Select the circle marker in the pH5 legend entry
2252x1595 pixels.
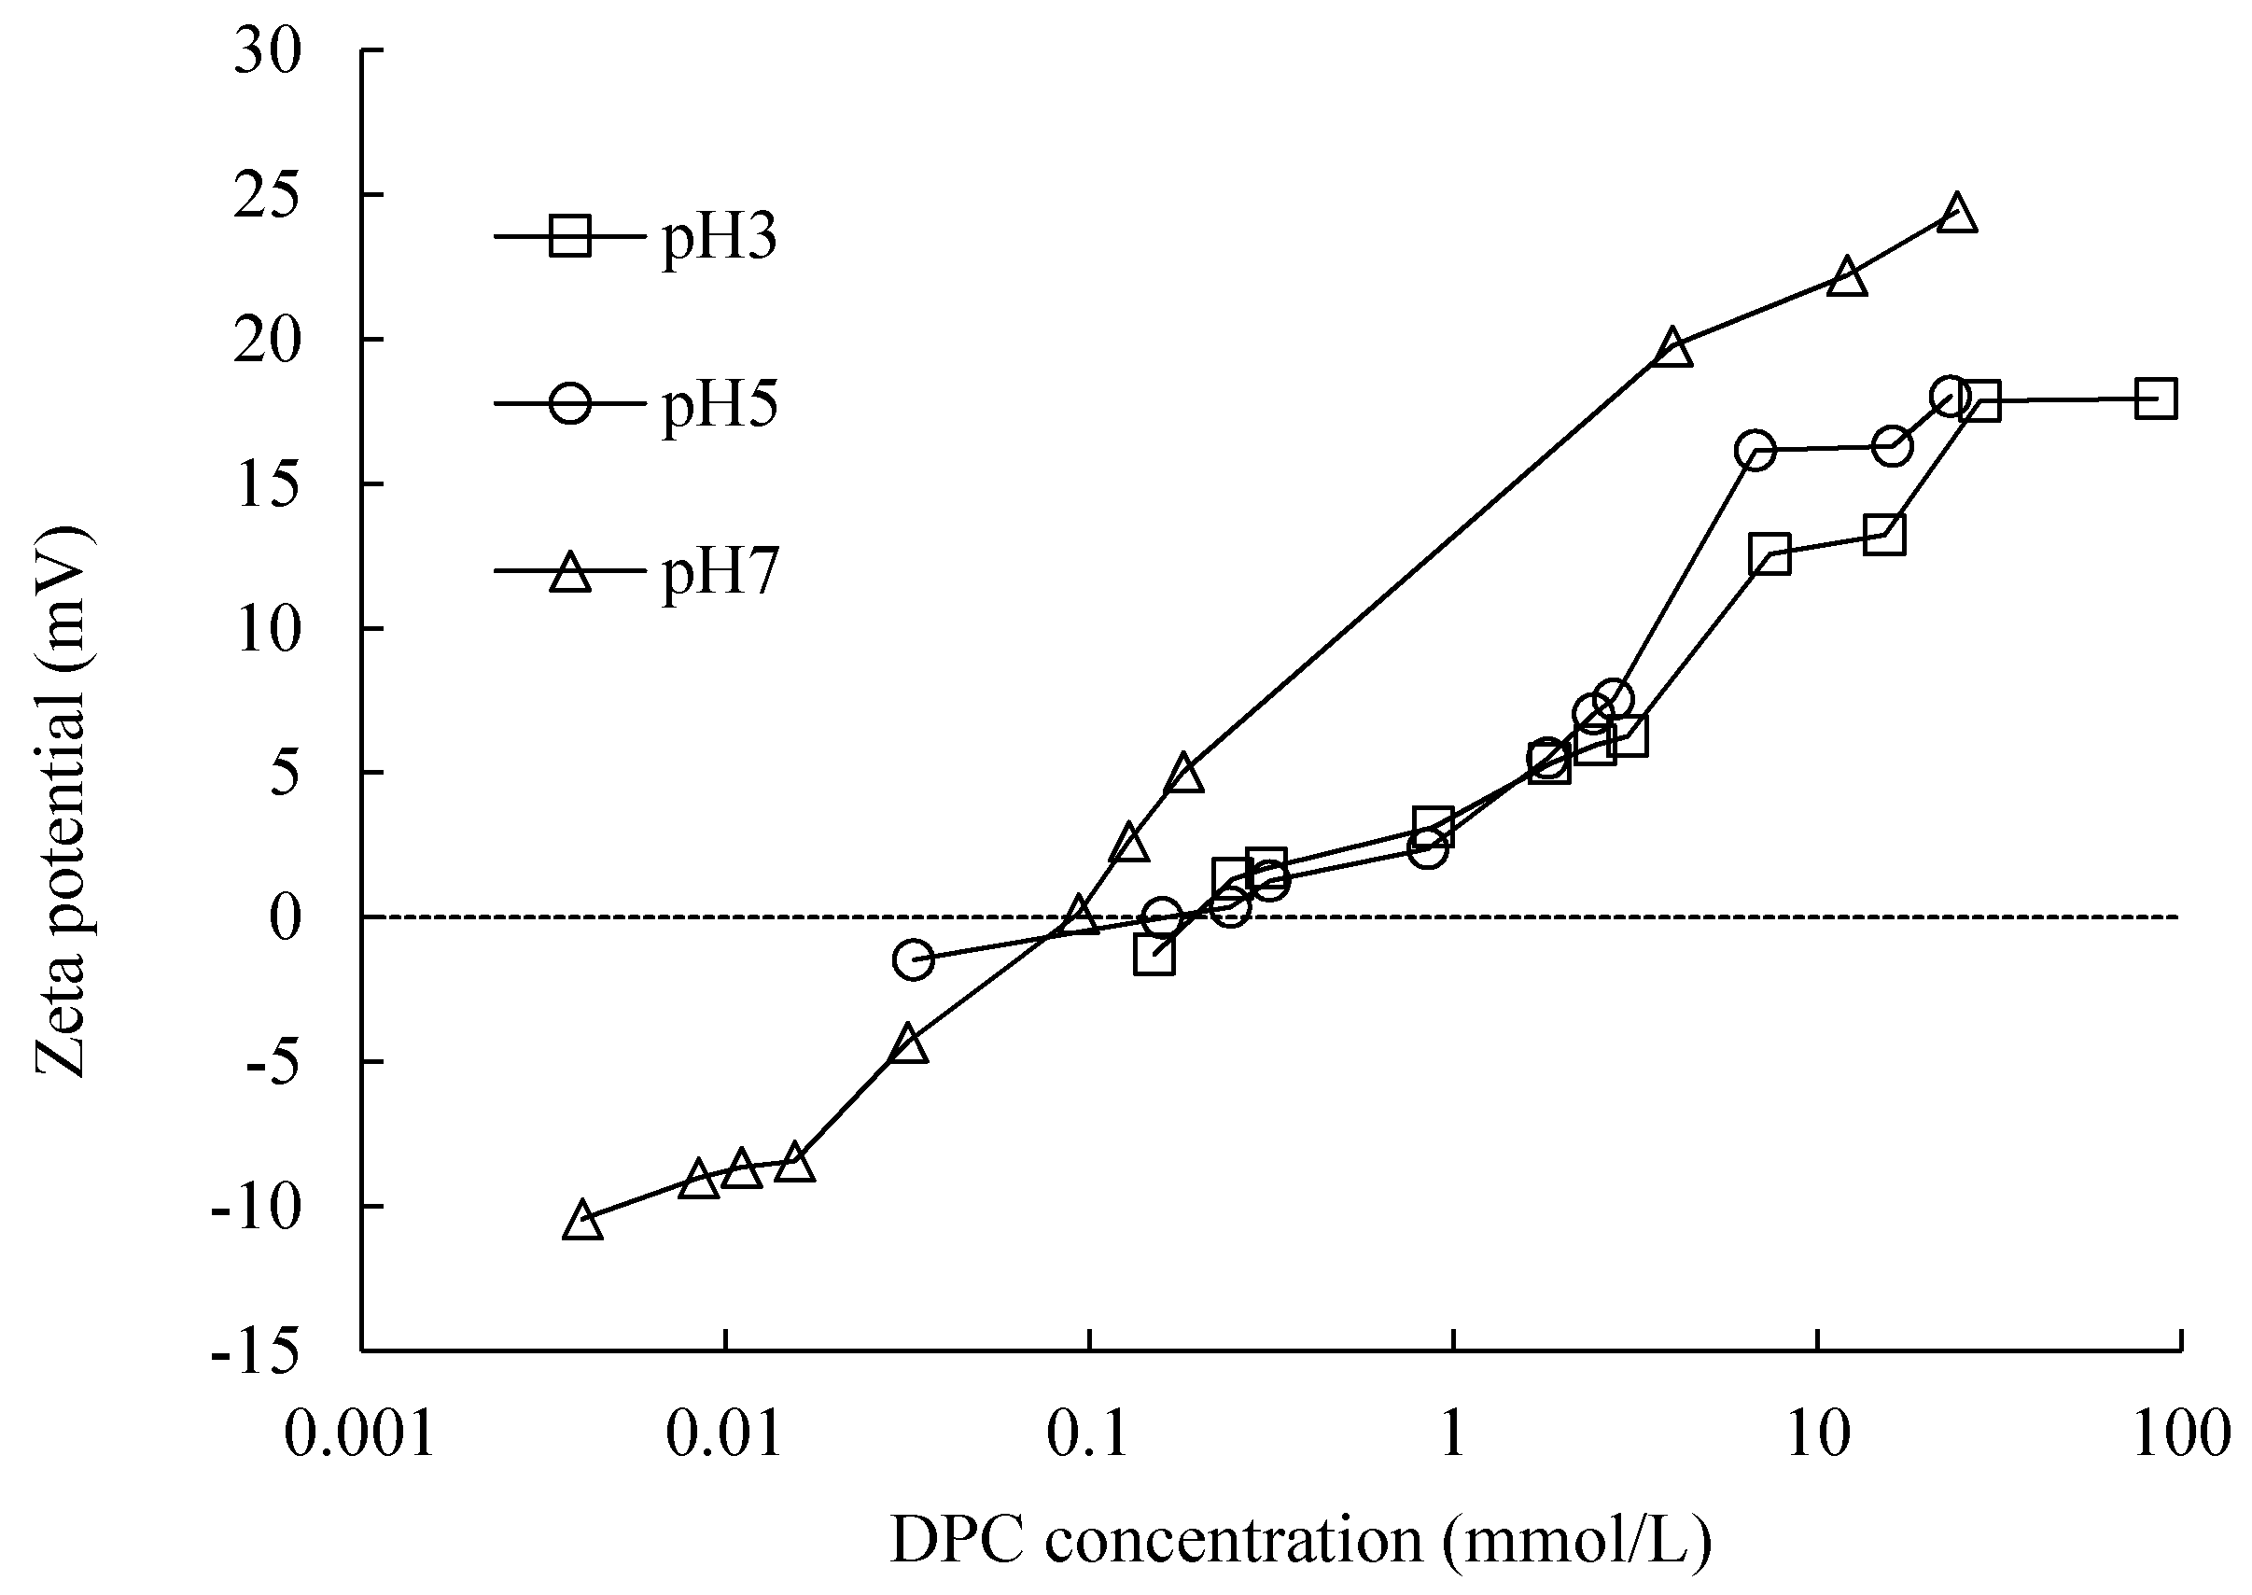point(569,402)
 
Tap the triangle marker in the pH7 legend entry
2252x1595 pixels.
point(569,571)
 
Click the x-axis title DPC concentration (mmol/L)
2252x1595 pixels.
point(1300,1539)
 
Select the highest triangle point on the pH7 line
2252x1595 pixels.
point(1957,214)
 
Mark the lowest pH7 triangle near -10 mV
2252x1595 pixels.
point(582,1221)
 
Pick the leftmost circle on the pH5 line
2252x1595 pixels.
point(913,959)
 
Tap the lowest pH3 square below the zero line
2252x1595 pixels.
point(1154,955)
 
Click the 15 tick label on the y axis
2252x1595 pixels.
point(267,485)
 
